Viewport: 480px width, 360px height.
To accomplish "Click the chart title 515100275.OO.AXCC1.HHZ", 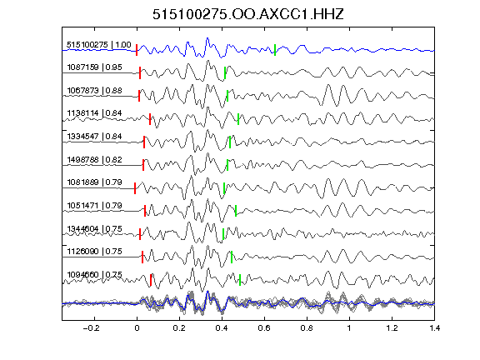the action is point(248,14).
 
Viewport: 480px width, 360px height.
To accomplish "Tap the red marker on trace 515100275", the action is point(137,50).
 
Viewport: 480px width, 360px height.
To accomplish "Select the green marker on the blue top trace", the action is point(275,50).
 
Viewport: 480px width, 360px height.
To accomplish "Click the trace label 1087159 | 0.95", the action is point(95,67).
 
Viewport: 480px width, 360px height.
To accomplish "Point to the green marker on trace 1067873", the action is point(227,96).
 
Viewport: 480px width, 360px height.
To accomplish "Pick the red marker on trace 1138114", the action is point(150,119).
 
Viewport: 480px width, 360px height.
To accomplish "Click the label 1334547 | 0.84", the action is point(95,136).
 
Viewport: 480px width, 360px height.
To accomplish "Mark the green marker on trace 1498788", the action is point(227,165).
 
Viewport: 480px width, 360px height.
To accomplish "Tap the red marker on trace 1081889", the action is point(135,188).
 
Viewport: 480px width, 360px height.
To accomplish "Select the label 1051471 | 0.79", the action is point(95,205).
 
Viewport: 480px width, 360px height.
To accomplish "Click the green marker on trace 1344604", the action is point(223,234).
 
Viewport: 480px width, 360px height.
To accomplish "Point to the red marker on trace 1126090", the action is point(142,257).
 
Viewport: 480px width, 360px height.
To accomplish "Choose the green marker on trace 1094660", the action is point(240,280).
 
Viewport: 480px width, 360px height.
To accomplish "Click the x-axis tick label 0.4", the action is point(222,328).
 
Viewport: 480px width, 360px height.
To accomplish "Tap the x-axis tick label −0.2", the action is point(91,328).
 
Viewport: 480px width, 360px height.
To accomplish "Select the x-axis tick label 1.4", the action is point(435,328).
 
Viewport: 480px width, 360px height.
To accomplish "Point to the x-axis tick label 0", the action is point(137,328).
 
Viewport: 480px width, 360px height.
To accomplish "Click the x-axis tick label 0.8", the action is point(307,328).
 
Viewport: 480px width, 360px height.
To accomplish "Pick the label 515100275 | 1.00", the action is point(99,45).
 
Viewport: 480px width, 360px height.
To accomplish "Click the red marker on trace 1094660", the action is point(151,280).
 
